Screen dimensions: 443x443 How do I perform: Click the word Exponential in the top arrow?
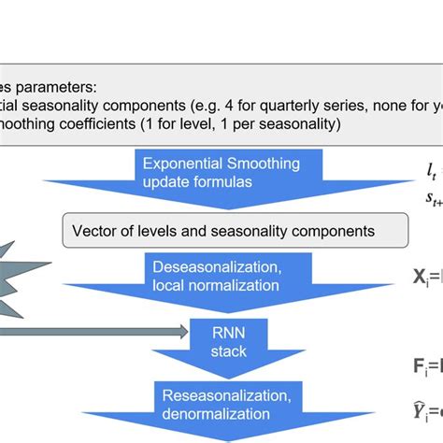(x=180, y=164)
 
